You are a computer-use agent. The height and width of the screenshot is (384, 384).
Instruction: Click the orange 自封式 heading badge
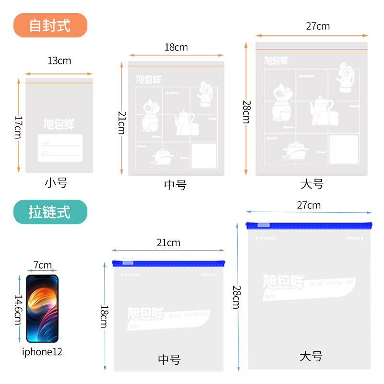click(x=50, y=25)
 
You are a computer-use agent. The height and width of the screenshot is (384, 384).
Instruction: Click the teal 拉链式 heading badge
click(x=50, y=212)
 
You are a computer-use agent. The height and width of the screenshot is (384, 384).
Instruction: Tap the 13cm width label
click(x=59, y=61)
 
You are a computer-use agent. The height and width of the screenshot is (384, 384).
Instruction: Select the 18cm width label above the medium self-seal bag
click(x=176, y=47)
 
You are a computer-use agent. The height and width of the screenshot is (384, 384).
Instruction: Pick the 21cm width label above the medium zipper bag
click(x=168, y=243)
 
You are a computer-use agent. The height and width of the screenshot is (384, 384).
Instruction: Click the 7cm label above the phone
click(x=43, y=265)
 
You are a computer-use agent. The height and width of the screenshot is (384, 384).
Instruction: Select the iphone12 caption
click(x=42, y=352)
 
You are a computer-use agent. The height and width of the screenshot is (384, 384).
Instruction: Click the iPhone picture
click(x=42, y=308)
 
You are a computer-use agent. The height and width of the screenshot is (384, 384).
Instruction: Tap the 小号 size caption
click(x=56, y=182)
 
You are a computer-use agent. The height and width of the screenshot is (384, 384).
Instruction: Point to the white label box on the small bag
click(x=60, y=148)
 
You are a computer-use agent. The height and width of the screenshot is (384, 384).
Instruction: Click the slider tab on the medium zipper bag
click(x=128, y=262)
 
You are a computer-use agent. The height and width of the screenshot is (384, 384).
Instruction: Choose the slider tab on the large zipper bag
click(x=264, y=224)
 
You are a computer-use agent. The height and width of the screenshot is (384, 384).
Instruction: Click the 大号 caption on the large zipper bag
click(x=311, y=357)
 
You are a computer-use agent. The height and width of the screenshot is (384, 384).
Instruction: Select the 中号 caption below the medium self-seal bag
click(x=175, y=185)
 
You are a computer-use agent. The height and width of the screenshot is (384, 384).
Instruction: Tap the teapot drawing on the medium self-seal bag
click(x=184, y=121)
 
